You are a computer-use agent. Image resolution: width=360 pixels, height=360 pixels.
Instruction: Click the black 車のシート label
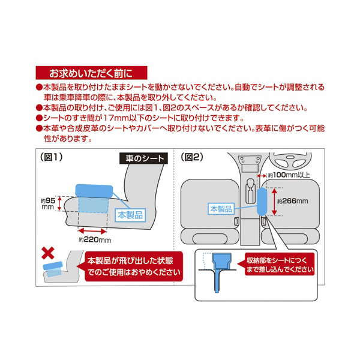pos(142,160)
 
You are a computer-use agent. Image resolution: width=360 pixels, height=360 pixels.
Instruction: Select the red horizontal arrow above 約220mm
pos(92,230)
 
